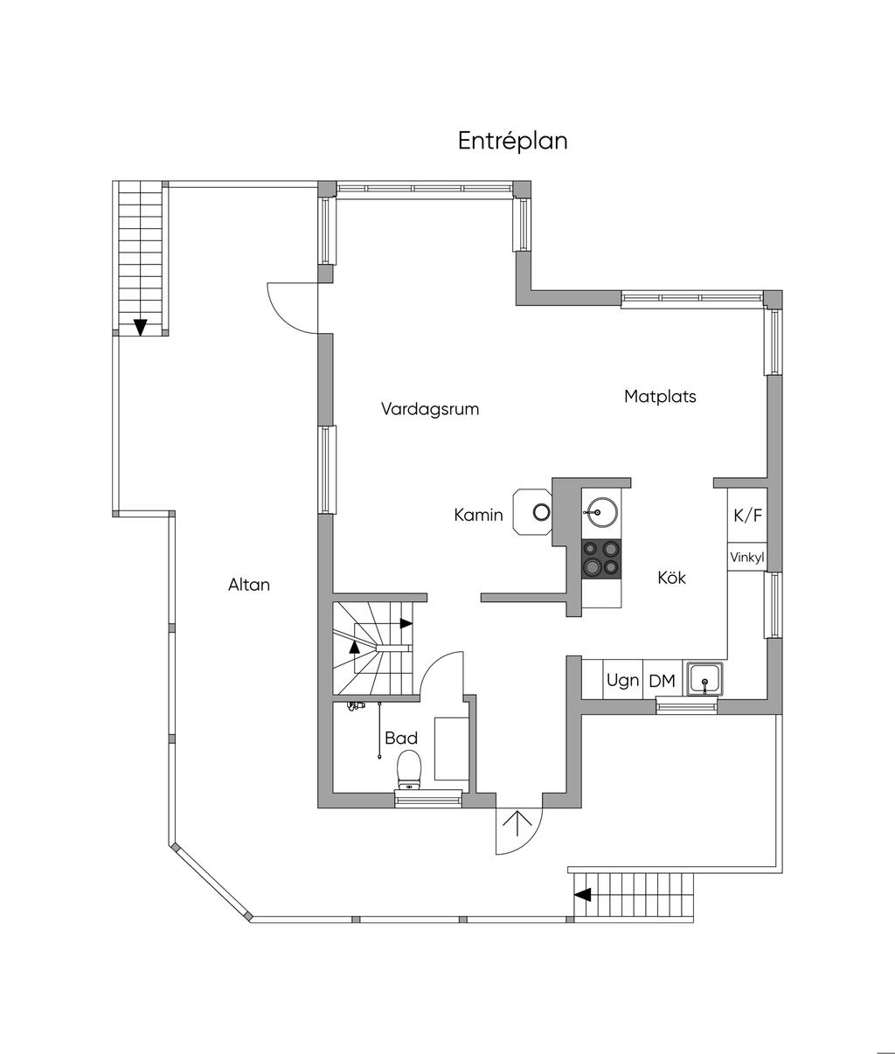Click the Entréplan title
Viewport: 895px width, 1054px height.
point(512,141)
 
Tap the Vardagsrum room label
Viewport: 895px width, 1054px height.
point(430,409)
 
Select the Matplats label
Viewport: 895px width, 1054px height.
point(660,397)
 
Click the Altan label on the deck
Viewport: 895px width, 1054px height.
point(249,585)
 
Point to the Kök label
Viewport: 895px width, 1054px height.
point(671,578)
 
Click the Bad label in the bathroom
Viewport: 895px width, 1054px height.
point(401,738)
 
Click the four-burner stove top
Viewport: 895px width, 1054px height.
point(602,558)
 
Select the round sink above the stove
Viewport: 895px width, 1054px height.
point(602,512)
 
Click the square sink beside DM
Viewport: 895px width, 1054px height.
point(704,679)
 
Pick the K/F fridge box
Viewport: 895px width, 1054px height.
point(747,515)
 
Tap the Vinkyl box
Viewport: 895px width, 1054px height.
point(747,557)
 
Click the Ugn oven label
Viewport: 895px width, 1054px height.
point(622,681)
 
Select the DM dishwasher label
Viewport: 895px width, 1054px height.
point(662,681)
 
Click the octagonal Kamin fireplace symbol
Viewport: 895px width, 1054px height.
point(532,512)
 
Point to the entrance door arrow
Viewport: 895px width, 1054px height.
point(517,824)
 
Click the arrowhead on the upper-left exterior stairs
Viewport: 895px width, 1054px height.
point(140,327)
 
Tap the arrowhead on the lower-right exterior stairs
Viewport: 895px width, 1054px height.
point(583,894)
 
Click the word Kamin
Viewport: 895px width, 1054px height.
point(478,515)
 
